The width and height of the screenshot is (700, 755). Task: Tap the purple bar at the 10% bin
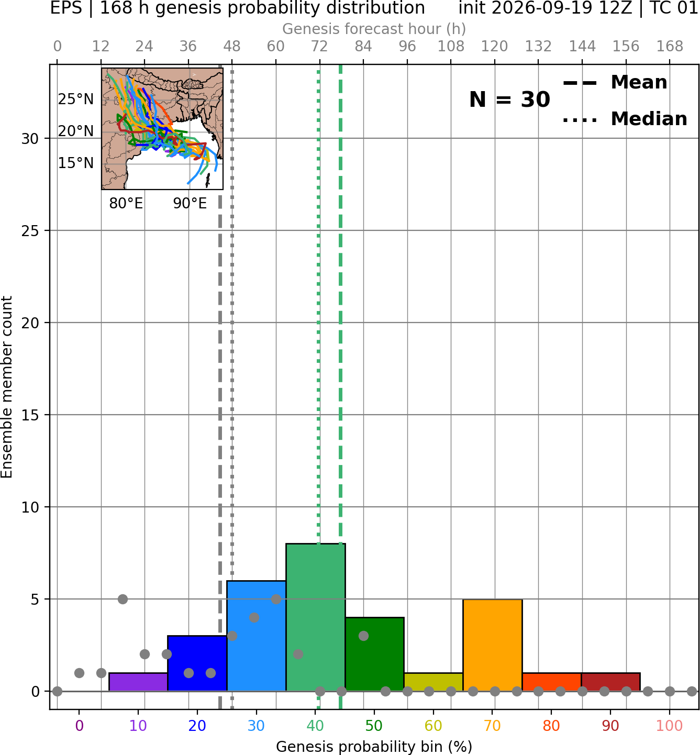click(138, 682)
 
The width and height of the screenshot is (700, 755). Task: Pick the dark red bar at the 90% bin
click(610, 682)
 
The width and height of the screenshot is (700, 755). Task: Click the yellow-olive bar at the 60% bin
click(434, 682)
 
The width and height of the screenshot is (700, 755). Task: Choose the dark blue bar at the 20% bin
click(197, 663)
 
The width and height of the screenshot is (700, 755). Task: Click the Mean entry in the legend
click(615, 83)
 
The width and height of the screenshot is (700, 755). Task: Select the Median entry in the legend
click(625, 119)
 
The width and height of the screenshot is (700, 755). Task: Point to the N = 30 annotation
click(509, 99)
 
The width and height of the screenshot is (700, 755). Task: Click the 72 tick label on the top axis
click(319, 47)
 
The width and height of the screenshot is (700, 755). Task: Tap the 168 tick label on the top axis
click(670, 47)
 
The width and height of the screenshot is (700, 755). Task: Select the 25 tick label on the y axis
click(30, 231)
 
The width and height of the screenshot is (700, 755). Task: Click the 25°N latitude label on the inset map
click(76, 99)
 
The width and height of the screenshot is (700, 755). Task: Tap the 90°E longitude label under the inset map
click(190, 203)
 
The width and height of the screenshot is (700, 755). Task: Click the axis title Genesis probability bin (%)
click(374, 747)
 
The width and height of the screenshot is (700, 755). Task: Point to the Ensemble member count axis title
click(6, 387)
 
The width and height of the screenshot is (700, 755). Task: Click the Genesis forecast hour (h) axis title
click(374, 29)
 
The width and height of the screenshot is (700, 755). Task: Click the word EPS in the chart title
click(66, 8)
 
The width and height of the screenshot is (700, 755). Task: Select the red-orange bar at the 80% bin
click(552, 682)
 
